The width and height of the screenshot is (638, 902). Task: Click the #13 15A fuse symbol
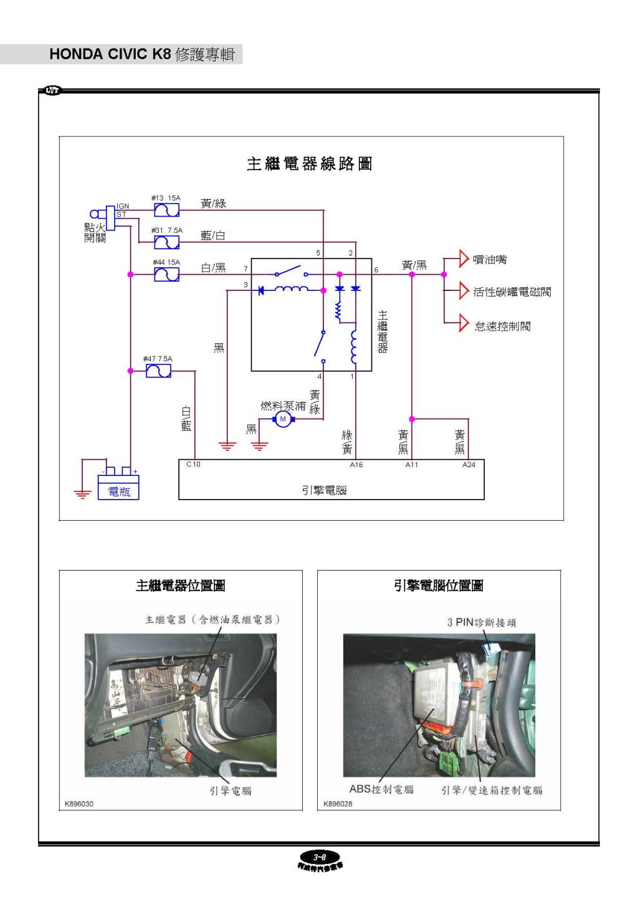pyautogui.click(x=166, y=211)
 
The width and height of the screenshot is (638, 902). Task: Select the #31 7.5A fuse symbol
pyautogui.click(x=166, y=242)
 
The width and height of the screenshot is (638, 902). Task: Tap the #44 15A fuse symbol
pyautogui.click(x=166, y=274)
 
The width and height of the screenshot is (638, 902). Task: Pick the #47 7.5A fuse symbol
pyautogui.click(x=158, y=371)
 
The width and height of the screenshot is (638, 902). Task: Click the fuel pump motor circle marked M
pyautogui.click(x=283, y=419)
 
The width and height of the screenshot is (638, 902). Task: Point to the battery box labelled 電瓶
pyautogui.click(x=118, y=487)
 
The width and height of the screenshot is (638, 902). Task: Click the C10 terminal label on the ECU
pyautogui.click(x=193, y=465)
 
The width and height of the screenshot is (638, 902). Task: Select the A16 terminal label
pyautogui.click(x=356, y=465)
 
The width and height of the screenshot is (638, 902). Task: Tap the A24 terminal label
pyautogui.click(x=469, y=465)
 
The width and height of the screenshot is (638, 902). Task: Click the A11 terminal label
pyautogui.click(x=412, y=465)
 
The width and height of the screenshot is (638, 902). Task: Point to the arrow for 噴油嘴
pyautogui.click(x=463, y=259)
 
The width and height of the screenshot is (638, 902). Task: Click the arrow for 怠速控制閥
pyautogui.click(x=463, y=323)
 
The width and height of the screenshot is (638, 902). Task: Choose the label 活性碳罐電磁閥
pyautogui.click(x=512, y=292)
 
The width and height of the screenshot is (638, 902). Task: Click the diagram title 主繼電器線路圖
pyautogui.click(x=309, y=164)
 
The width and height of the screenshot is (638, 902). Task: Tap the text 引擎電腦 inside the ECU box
pyautogui.click(x=324, y=490)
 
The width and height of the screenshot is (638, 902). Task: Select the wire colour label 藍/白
pyautogui.click(x=213, y=235)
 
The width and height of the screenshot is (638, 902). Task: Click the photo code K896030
pyautogui.click(x=79, y=804)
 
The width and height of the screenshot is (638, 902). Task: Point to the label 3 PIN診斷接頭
pyautogui.click(x=481, y=622)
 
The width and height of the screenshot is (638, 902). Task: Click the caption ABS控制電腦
pyautogui.click(x=381, y=789)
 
